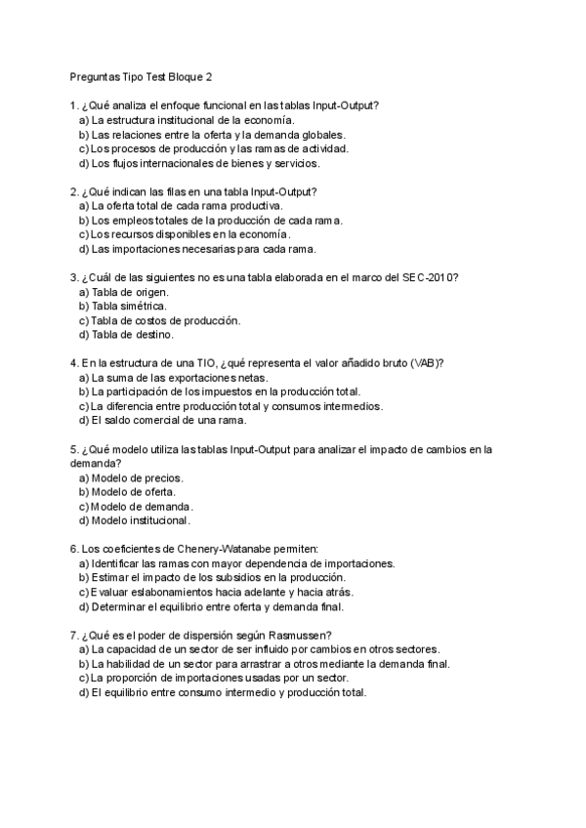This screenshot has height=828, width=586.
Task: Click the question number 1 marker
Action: pyautogui.click(x=74, y=105)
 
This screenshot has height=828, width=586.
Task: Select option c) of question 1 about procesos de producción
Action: pyautogui.click(x=212, y=148)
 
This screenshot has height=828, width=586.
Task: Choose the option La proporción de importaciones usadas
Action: pyautogui.click(x=213, y=678)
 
